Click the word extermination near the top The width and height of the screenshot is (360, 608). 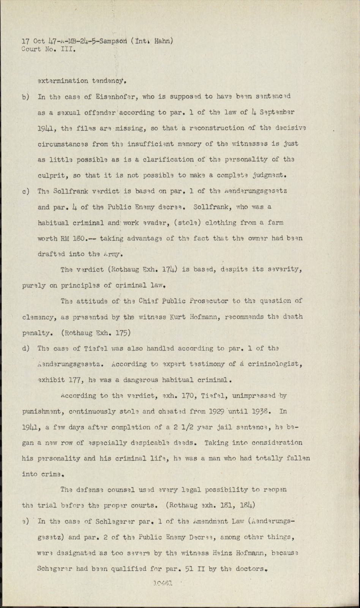(63, 81)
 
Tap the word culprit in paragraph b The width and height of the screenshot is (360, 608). (51, 176)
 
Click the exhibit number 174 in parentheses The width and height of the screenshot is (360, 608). (170, 271)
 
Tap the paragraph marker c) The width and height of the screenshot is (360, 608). (26, 192)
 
